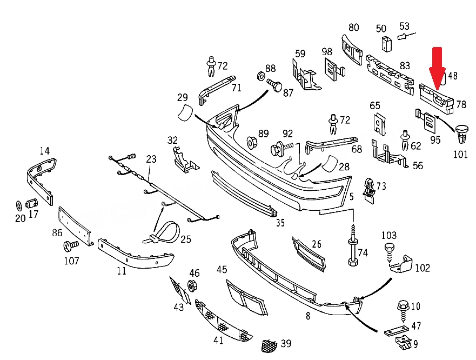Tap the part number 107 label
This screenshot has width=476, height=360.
tap(71, 261)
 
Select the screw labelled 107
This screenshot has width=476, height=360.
tap(71, 245)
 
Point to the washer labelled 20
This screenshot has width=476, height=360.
tap(18, 205)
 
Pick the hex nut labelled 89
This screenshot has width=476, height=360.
tap(252, 143)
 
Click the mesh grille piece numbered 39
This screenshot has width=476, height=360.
tap(270, 346)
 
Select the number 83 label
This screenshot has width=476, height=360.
tap(405, 65)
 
